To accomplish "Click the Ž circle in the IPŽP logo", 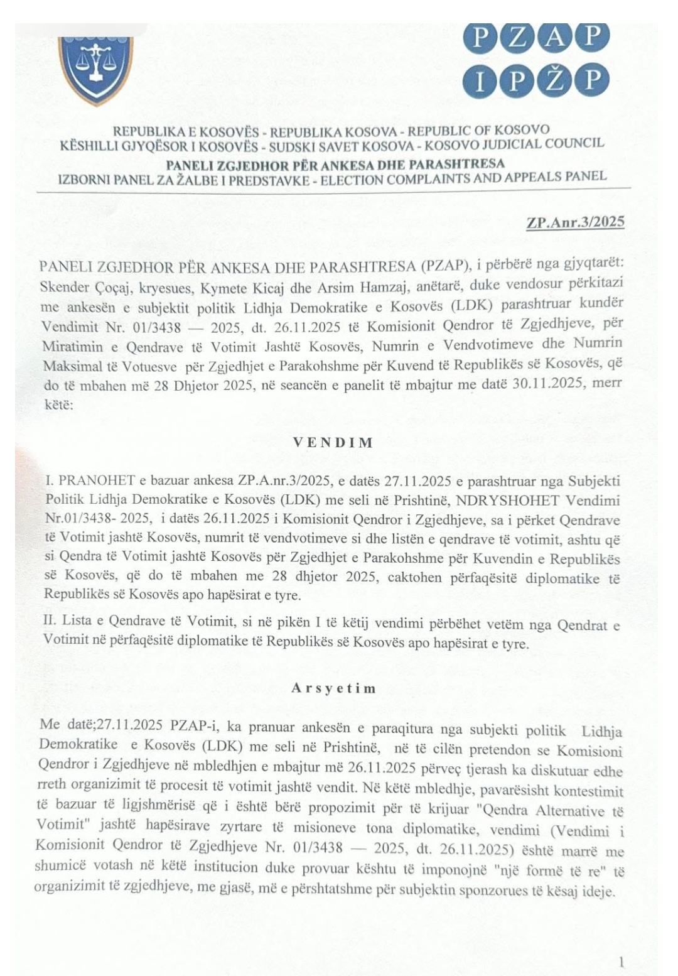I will (x=553, y=80).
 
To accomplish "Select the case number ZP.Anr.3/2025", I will (x=575, y=222).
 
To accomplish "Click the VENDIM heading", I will (x=333, y=442).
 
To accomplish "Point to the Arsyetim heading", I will (x=333, y=688).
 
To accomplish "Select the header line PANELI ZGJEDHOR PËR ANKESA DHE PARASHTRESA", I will (x=335, y=165).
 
